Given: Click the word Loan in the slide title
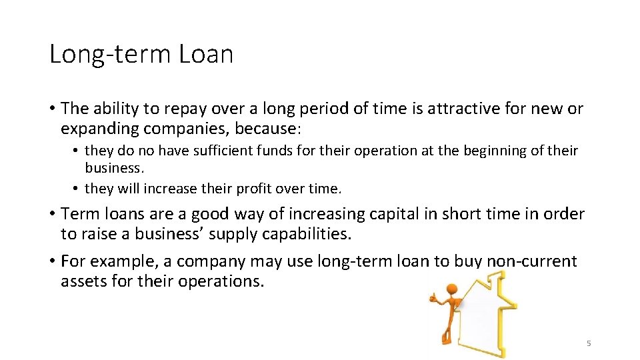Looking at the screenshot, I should (x=206, y=54).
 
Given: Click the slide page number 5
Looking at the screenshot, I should (x=589, y=343).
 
